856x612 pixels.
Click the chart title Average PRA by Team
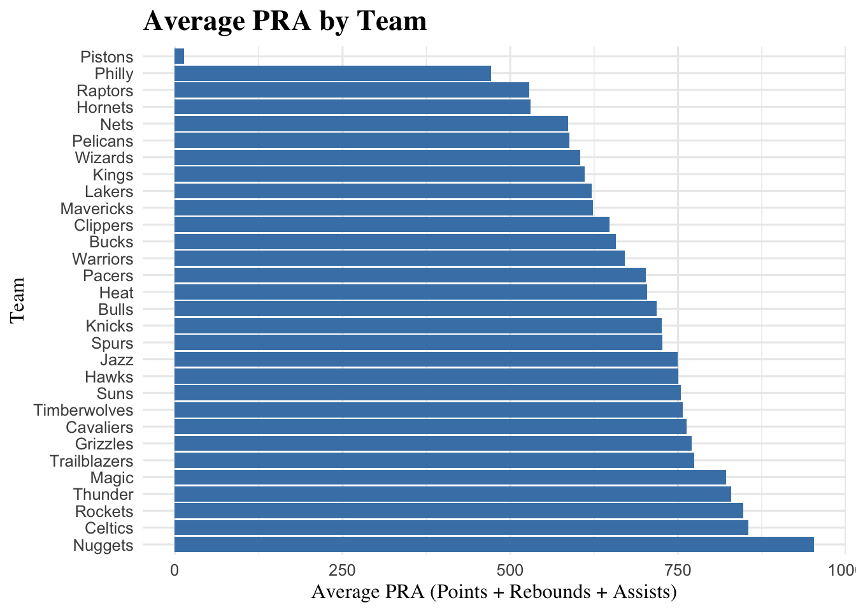click(x=285, y=20)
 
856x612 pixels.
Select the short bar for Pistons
click(x=179, y=57)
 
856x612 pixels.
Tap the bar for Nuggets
click(x=494, y=544)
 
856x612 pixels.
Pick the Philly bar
click(x=332, y=73)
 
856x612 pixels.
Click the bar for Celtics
click(x=461, y=528)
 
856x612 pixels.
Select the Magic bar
click(x=450, y=477)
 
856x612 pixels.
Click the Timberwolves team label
click(x=83, y=411)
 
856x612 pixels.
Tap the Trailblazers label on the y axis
click(x=92, y=461)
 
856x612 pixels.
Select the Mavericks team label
click(x=97, y=208)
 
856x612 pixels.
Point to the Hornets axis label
click(x=105, y=107)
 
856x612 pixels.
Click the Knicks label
click(x=110, y=326)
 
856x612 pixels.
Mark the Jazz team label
click(x=117, y=360)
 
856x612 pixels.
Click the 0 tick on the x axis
click(x=175, y=570)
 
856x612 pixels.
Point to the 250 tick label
click(x=342, y=570)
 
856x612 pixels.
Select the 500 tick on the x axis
click(x=510, y=570)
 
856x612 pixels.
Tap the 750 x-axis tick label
click(x=678, y=570)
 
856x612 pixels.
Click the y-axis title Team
click(x=17, y=300)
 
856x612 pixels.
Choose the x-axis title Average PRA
click(x=494, y=592)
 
